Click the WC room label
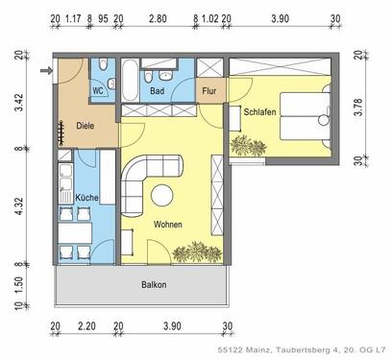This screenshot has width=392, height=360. (x=99, y=92)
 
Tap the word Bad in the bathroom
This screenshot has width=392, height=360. (x=158, y=93)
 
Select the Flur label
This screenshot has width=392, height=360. (x=208, y=92)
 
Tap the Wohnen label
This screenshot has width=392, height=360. (x=167, y=225)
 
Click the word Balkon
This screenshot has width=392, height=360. (x=154, y=285)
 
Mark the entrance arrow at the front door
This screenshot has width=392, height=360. (x=44, y=70)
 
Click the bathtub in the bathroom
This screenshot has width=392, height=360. (x=130, y=78)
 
